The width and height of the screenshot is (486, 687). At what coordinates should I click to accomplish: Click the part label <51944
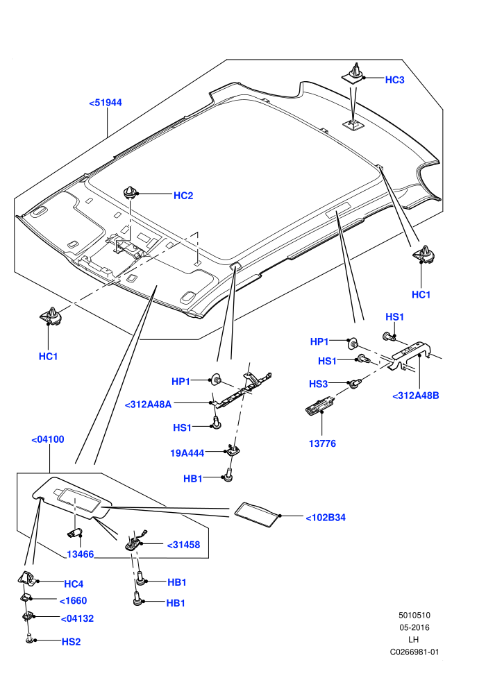tap(105, 103)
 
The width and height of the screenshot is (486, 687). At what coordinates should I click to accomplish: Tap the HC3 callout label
tap(394, 80)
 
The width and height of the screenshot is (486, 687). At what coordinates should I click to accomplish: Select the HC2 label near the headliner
tap(183, 196)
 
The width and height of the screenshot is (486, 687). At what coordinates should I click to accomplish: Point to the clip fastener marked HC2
tap(130, 192)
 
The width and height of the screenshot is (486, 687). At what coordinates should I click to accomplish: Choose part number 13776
tap(322, 443)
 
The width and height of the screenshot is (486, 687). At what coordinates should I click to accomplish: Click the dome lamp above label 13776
tap(319, 403)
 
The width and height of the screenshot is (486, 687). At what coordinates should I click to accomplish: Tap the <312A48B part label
tap(415, 396)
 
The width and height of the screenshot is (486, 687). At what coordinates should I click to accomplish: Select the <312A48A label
tap(148, 405)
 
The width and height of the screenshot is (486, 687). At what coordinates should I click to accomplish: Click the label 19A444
tap(187, 453)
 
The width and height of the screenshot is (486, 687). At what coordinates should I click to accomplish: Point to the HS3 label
tap(318, 384)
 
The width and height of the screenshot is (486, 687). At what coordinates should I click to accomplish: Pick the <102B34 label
tap(326, 518)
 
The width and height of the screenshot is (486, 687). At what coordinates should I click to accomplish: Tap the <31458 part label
tap(183, 545)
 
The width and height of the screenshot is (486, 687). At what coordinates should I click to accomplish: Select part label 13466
tap(81, 554)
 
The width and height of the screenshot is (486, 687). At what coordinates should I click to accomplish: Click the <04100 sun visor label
tap(48, 439)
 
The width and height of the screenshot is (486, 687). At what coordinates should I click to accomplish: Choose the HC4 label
tap(74, 584)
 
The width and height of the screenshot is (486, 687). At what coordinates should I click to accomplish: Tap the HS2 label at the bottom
tap(71, 642)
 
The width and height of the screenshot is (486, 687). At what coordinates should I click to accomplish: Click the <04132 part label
tap(77, 619)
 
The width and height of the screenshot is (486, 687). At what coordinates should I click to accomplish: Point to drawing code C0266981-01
tap(414, 652)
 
